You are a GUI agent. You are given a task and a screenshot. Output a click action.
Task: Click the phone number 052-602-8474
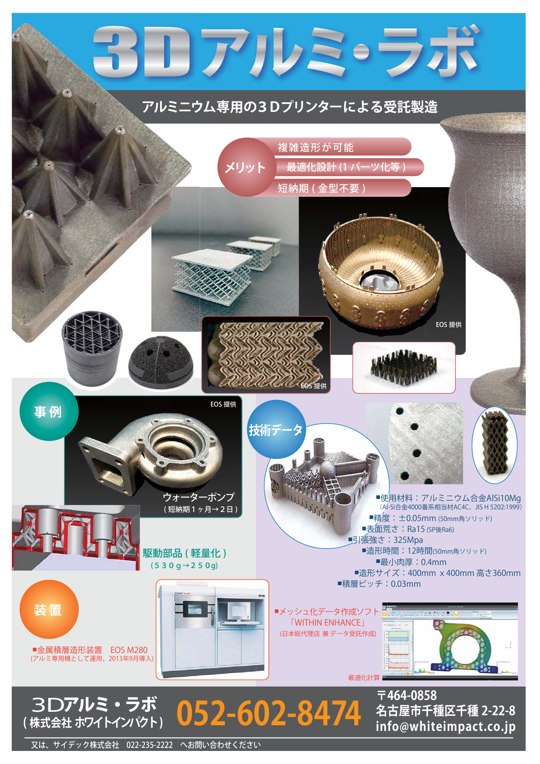(268, 713)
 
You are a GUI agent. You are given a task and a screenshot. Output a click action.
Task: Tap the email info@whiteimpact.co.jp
(446, 726)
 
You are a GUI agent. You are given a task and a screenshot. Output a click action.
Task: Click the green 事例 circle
(49, 411)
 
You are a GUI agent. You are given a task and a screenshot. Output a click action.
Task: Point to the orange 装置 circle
(49, 609)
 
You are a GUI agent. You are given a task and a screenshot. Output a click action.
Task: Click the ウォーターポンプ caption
(198, 497)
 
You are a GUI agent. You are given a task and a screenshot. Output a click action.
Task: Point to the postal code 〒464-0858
(406, 696)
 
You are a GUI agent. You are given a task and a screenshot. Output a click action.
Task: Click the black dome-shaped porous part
(161, 359)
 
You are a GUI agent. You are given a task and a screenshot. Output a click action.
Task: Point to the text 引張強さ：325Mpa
(386, 540)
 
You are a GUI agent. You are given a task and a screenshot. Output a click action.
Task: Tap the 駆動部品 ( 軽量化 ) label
(184, 553)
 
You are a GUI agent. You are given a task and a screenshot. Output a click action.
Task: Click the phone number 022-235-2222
(150, 745)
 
